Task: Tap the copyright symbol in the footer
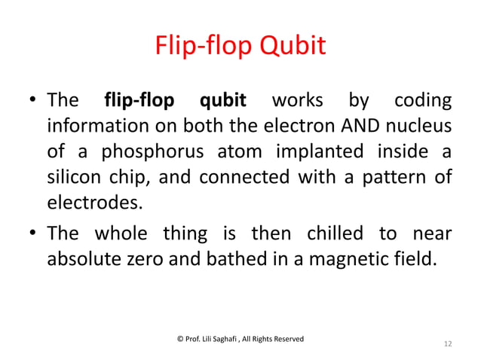[x=179, y=339]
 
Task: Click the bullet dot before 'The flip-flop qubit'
[x=34, y=101]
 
